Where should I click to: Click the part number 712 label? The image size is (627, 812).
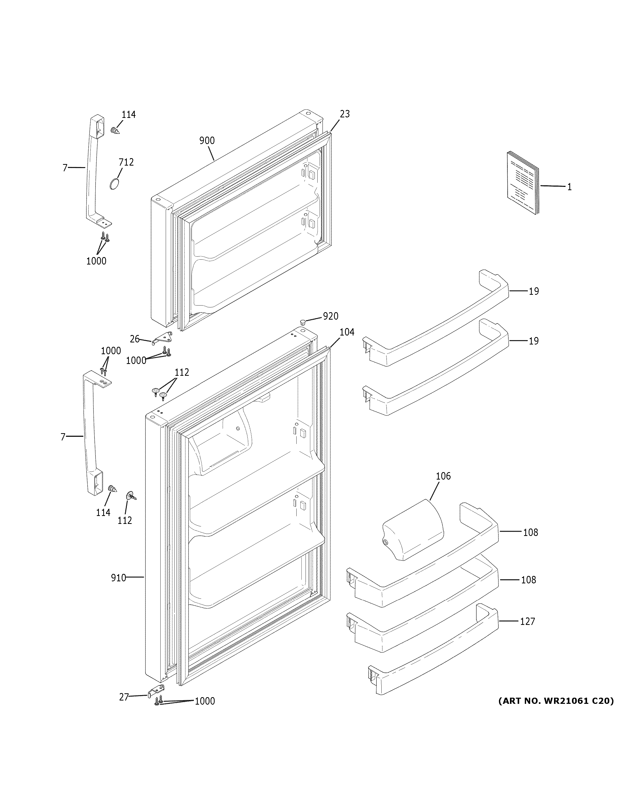pos(126,162)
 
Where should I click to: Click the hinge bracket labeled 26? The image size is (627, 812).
pos(163,337)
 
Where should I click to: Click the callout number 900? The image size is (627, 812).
pos(207,140)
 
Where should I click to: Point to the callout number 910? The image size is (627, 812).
pos(119,577)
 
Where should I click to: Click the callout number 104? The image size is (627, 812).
pos(347,332)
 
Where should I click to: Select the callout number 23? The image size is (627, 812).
pos(345,114)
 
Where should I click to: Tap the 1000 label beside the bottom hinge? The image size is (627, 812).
pos(205,701)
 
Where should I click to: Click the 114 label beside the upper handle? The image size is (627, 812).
pos(129,115)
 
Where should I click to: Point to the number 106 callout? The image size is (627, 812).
pos(443,476)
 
